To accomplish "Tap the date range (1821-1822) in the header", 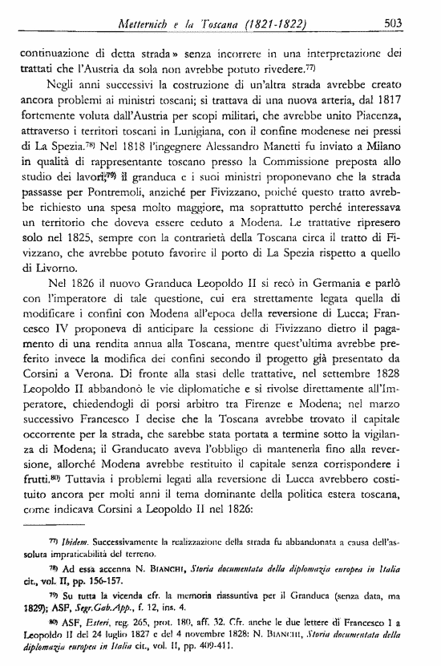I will (260, 24).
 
